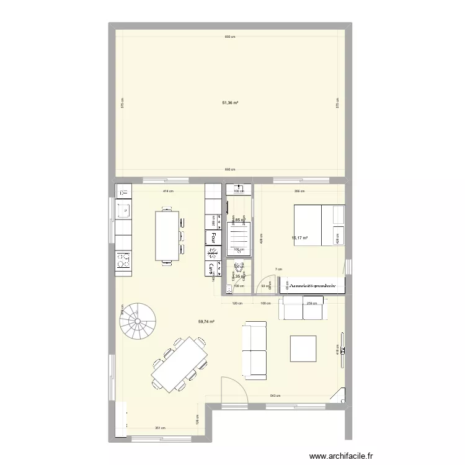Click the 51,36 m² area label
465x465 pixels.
pos(229,104)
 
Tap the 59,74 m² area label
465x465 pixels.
pos(206,322)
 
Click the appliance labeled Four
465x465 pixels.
pos(213,237)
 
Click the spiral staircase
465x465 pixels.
pos(138,322)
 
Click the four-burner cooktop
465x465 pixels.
pos(123,259)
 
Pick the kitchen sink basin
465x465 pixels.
pos(123,209)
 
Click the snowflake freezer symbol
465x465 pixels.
pos(213,253)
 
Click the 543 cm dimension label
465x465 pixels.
pos(275,396)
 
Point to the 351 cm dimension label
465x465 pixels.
pos(160,428)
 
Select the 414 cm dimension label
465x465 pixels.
pos(167,192)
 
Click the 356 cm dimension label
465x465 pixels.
pos(299,192)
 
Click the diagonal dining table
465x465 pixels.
pos(180,364)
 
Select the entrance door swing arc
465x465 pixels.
pos(234,384)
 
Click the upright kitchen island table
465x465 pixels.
pos(167,236)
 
